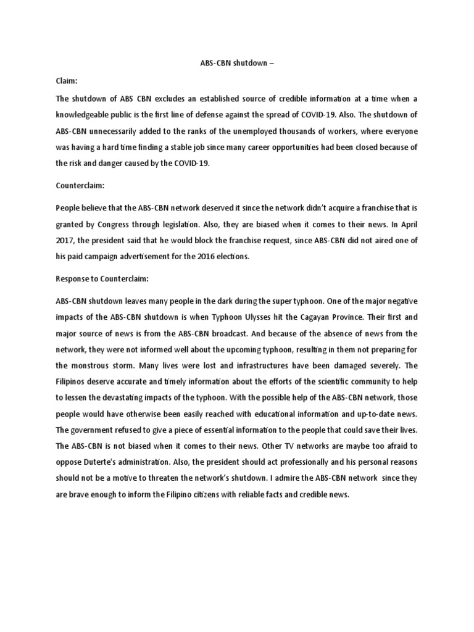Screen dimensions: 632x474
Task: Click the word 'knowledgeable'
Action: (x=84, y=115)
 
